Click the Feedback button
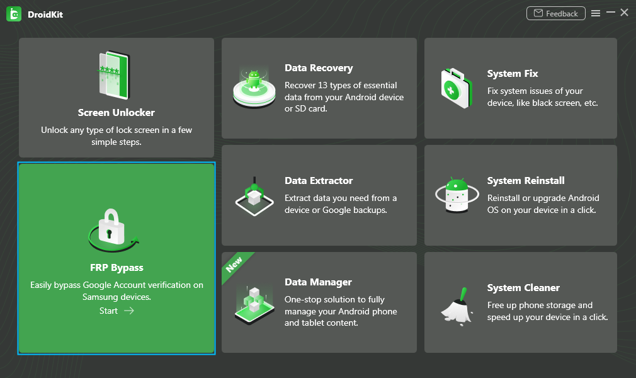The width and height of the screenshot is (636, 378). [555, 13]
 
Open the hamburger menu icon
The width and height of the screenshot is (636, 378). [596, 13]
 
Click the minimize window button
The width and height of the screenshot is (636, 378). [610, 13]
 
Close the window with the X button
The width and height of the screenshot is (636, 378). [624, 13]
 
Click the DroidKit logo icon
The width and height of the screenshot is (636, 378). [14, 14]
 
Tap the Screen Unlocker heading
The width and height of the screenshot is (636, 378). [116, 113]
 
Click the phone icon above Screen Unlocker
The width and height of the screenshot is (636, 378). [114, 75]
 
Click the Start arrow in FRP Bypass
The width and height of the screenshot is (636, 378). [129, 311]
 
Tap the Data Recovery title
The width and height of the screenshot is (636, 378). [319, 68]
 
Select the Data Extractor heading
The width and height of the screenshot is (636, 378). [319, 181]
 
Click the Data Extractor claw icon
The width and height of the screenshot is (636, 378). [254, 196]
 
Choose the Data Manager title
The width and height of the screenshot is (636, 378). [319, 282]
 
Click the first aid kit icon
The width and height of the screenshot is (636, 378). [457, 88]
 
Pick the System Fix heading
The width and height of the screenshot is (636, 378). [513, 74]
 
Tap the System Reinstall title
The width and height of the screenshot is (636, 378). [526, 181]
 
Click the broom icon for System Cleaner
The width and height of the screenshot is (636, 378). [457, 307]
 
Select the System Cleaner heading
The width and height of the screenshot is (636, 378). [524, 288]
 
